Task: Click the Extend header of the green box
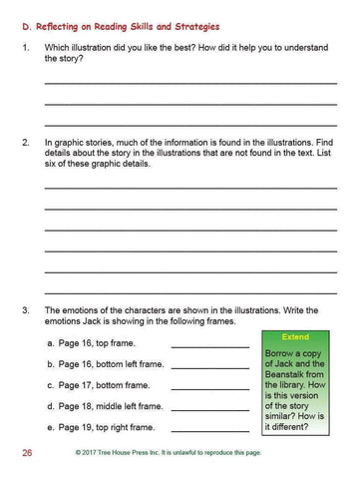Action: coord(296,337)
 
